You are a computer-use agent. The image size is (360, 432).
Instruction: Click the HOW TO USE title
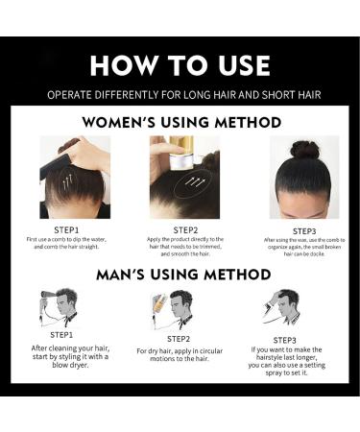pos(180,64)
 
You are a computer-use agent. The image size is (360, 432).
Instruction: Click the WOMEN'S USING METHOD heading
pos(181,123)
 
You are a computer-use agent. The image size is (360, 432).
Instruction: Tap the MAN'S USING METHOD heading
pos(180,274)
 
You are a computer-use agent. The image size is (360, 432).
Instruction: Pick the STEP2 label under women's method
pos(185,230)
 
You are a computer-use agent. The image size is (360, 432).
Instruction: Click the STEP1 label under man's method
pos(61,335)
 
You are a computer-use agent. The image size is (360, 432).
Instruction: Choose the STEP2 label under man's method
pos(180,338)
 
